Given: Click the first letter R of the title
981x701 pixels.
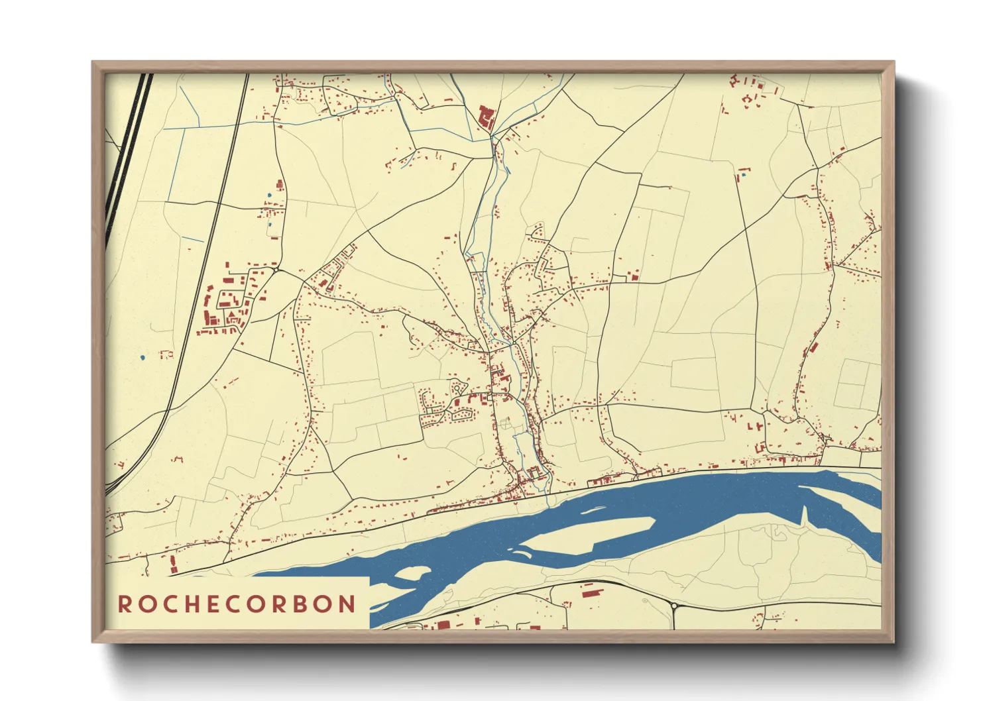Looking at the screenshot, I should click(124, 604).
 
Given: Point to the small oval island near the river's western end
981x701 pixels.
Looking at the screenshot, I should click(412, 572).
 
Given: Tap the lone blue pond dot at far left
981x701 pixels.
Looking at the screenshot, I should click(143, 358).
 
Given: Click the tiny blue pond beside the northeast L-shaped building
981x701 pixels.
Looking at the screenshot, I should click(744, 176).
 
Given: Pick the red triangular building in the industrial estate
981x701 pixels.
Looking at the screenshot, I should click(231, 315).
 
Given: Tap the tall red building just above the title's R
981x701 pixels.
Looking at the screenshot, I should click(174, 565).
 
